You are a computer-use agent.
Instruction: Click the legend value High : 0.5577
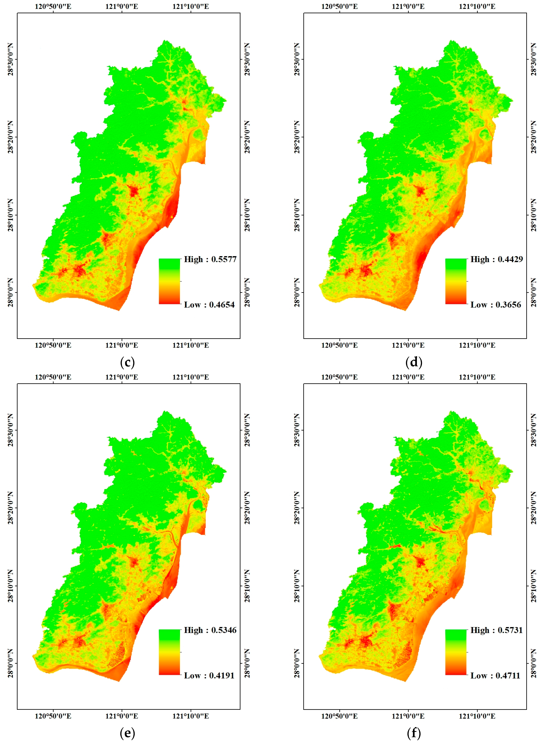tap(210, 259)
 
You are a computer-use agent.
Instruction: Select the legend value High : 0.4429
tap(496, 259)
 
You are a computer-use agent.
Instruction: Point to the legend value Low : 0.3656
tap(495, 305)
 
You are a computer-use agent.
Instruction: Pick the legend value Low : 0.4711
tap(495, 676)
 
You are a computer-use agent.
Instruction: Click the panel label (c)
tap(127, 362)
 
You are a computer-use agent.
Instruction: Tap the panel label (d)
tap(414, 362)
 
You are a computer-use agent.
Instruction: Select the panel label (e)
tap(127, 733)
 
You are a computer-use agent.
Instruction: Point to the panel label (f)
tap(414, 733)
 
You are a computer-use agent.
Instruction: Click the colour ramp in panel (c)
tap(169, 281)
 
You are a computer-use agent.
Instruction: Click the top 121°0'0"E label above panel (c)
tap(122, 7)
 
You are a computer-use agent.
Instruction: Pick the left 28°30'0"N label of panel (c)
tap(10, 59)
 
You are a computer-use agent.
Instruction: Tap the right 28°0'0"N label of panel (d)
tap(534, 293)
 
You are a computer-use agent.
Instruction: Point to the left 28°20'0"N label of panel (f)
tap(297, 508)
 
